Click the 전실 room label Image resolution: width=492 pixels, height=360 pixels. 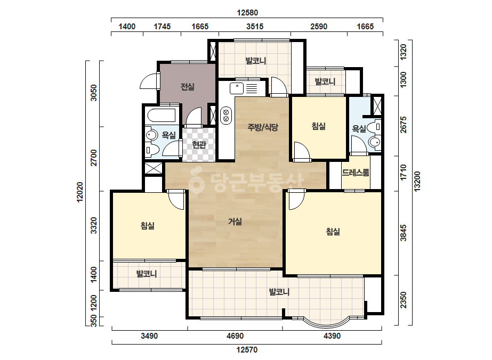[x=188, y=87]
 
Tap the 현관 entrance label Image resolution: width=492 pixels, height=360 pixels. [x=199, y=144]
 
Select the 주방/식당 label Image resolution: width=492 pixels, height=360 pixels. [x=263, y=127]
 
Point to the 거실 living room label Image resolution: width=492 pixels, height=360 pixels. [x=235, y=222]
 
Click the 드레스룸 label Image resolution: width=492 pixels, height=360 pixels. [x=356, y=173]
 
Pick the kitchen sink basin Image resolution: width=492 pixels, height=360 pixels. [x=237, y=88]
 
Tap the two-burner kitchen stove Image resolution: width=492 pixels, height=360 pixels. [x=225, y=116]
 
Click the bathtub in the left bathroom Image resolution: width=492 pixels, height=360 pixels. [x=161, y=116]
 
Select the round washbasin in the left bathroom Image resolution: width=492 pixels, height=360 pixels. [x=151, y=135]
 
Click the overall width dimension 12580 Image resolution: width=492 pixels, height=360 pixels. [x=247, y=13]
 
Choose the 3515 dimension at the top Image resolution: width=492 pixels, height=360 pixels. [x=255, y=26]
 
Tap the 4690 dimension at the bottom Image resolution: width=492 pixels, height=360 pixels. [x=235, y=336]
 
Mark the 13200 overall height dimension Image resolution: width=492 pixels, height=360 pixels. [x=417, y=181]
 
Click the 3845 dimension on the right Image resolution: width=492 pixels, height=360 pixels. [x=403, y=233]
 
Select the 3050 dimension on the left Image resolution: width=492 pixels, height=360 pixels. [x=93, y=93]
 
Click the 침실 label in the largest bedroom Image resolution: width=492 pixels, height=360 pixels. [x=333, y=232]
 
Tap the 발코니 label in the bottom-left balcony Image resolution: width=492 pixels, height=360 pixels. [x=147, y=274]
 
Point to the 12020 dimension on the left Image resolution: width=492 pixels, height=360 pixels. [x=80, y=192]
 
